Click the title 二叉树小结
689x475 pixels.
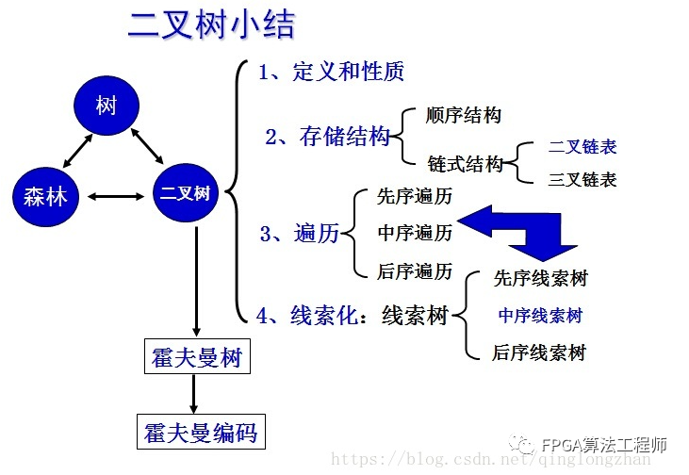tap(210, 25)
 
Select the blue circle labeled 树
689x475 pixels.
tap(106, 106)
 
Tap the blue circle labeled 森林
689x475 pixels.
tap(45, 196)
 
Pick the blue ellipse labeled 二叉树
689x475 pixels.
tap(185, 195)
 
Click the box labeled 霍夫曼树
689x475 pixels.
tap(196, 358)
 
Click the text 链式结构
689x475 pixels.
tap(465, 164)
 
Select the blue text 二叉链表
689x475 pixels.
tap(582, 148)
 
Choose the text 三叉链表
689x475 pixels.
tap(582, 179)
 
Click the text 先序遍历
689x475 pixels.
tap(414, 197)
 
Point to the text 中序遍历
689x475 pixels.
tap(414, 233)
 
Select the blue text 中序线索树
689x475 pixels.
tap(540, 316)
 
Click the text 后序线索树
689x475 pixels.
tap(539, 353)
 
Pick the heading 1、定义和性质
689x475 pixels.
tap(332, 73)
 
